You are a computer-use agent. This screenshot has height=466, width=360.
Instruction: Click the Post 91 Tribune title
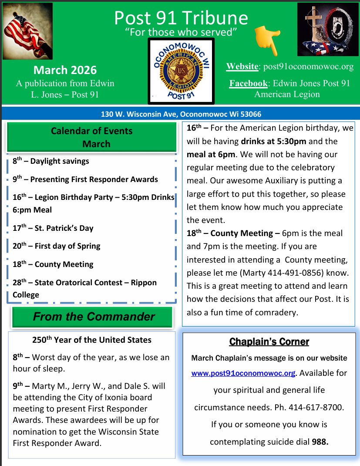click(x=181, y=18)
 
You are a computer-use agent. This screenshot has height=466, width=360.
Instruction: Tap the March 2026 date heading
click(x=65, y=70)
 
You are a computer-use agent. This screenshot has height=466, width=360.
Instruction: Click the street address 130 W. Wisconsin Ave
click(x=139, y=114)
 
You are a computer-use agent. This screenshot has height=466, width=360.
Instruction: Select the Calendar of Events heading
click(x=91, y=131)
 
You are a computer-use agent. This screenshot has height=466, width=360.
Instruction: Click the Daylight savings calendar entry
click(x=51, y=161)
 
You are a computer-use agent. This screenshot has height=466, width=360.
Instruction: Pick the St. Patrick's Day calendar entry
click(x=53, y=228)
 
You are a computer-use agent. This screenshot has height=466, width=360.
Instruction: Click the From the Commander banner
click(x=94, y=317)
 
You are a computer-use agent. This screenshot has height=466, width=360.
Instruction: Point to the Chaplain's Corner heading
click(x=269, y=341)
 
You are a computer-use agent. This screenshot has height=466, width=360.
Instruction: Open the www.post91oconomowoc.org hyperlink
click(x=243, y=374)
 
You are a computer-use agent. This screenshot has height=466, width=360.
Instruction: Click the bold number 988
click(x=320, y=442)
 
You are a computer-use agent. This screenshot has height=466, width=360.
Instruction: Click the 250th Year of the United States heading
click(x=92, y=340)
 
